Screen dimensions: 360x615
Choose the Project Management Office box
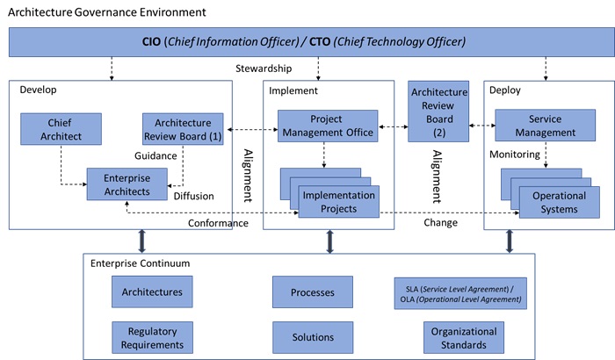[328, 126]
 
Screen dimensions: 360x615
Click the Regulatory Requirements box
[153, 338]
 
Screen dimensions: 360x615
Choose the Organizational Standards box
[465, 338]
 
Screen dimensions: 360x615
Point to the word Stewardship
[264, 68]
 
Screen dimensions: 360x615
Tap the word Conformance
[218, 223]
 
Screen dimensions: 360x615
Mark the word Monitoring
[514, 154]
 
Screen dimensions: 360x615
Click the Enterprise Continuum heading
[140, 264]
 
